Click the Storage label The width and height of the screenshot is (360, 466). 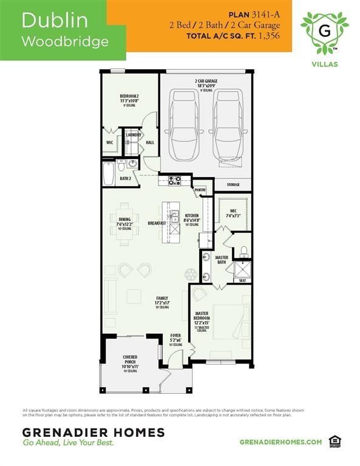(233, 184)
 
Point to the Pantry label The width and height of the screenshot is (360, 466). (200, 190)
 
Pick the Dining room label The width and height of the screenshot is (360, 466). (124, 221)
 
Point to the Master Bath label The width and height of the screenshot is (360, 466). (222, 260)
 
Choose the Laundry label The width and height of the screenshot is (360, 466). (133, 135)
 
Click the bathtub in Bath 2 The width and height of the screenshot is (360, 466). (108, 174)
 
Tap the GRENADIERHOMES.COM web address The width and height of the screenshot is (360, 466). (280, 442)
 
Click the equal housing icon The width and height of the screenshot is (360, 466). (333, 441)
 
